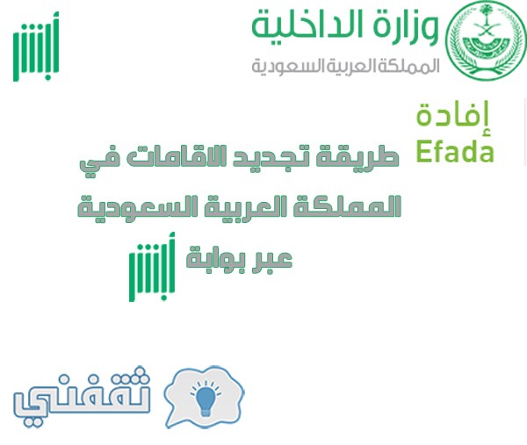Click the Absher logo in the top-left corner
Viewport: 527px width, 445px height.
tap(36, 47)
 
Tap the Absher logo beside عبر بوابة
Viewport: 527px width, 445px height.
tap(152, 267)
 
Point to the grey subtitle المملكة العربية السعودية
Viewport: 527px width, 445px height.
tap(345, 66)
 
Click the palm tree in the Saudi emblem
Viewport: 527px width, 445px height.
tap(486, 15)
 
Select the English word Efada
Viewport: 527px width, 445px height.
tap(455, 152)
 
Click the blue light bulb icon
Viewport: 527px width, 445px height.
tap(206, 398)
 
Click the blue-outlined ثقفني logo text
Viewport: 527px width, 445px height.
tap(82, 397)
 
